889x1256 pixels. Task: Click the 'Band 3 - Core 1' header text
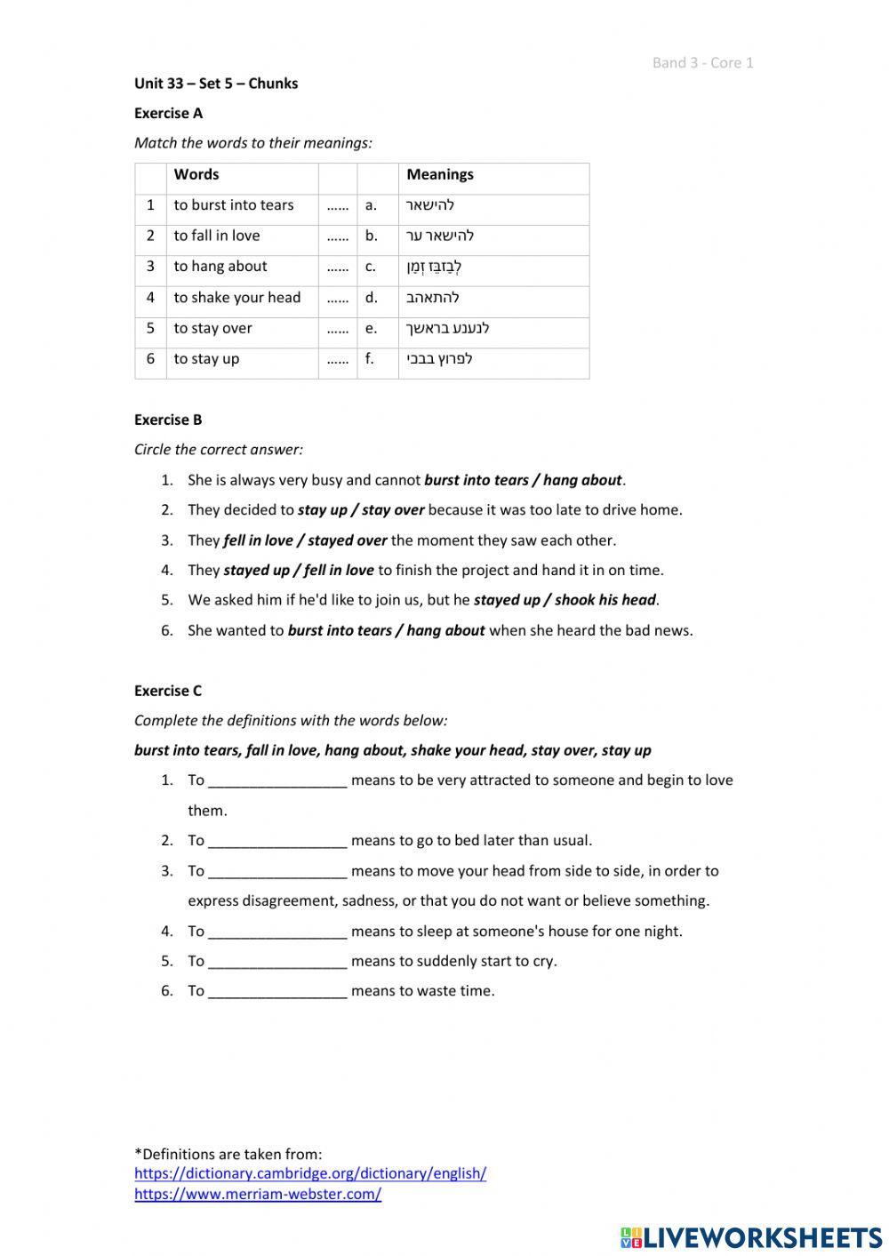pyautogui.click(x=702, y=62)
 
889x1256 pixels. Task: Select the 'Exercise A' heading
pyautogui.click(x=168, y=113)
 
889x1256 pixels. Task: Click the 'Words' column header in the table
pyautogui.click(x=196, y=174)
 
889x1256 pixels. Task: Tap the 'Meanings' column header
pyautogui.click(x=440, y=174)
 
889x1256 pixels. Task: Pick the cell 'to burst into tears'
pyautogui.click(x=233, y=205)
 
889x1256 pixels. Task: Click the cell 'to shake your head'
pyautogui.click(x=236, y=298)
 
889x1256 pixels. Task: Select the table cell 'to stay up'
pyautogui.click(x=206, y=359)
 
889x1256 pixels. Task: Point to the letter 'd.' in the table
pyautogui.click(x=371, y=298)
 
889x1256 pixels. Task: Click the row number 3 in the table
pyautogui.click(x=150, y=267)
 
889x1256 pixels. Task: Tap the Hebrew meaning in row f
pyautogui.click(x=439, y=359)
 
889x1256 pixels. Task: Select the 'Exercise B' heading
pyautogui.click(x=168, y=420)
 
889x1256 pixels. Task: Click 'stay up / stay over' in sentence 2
pyautogui.click(x=360, y=510)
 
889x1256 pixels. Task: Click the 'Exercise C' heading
pyautogui.click(x=168, y=691)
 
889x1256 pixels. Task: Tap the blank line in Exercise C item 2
pyautogui.click(x=277, y=842)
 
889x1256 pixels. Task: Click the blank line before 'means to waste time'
pyautogui.click(x=277, y=992)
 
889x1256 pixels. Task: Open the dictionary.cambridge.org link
pyautogui.click(x=310, y=1173)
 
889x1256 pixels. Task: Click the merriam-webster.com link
pyautogui.click(x=258, y=1195)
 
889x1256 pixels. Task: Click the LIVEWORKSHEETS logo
pyautogui.click(x=751, y=1237)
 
